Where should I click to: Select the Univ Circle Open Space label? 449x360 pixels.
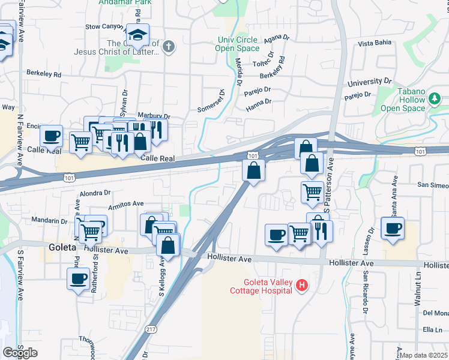(x=238, y=44)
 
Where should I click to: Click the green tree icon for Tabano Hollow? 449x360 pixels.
(x=435, y=97)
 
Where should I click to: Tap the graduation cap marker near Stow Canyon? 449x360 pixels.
(x=139, y=35)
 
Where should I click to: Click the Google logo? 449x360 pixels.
(x=20, y=353)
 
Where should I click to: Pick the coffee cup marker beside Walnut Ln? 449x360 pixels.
(x=393, y=229)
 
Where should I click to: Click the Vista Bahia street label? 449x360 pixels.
(x=374, y=43)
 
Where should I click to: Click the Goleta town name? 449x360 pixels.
(x=60, y=247)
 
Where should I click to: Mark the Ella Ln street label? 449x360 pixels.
(x=432, y=329)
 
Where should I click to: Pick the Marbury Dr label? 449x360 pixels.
(x=154, y=116)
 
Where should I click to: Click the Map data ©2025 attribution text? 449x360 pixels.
(x=424, y=355)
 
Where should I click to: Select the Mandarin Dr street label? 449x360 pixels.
(x=49, y=220)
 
